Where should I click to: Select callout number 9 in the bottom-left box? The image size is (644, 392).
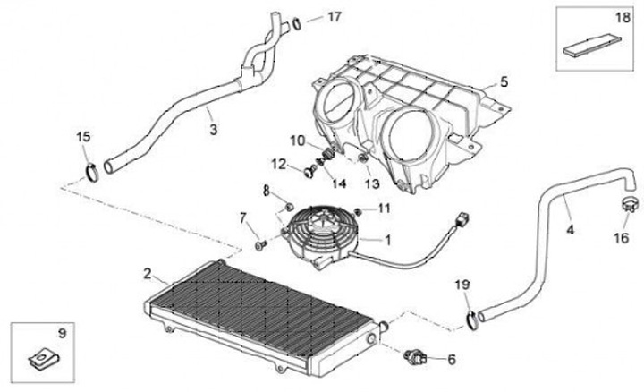[62, 333]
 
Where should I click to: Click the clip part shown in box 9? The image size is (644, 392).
[40, 359]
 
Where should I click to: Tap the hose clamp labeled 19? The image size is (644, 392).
[471, 316]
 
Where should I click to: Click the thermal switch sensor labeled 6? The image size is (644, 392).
[416, 357]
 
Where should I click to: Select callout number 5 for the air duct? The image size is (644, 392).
[504, 82]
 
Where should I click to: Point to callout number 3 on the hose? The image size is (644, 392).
[213, 131]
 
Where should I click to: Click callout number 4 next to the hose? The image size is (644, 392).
[571, 229]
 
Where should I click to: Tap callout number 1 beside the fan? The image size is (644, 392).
[387, 240]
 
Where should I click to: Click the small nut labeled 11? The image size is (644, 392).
[360, 209]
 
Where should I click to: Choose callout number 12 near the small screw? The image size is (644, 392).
[280, 164]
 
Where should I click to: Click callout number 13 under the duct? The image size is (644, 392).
[371, 183]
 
